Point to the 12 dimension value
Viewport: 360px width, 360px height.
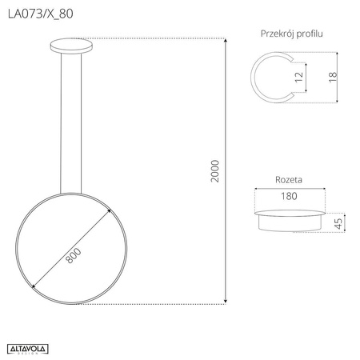click(298, 78)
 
